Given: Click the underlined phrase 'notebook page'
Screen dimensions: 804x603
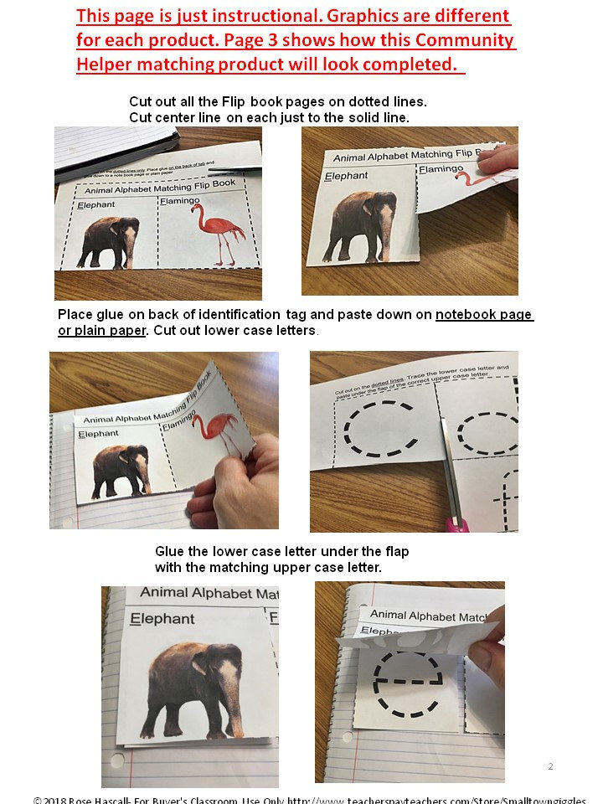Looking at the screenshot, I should point(484,315).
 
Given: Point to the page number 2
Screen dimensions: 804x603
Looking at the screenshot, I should point(550,766).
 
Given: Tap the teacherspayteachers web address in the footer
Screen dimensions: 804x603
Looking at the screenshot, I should point(435,800).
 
